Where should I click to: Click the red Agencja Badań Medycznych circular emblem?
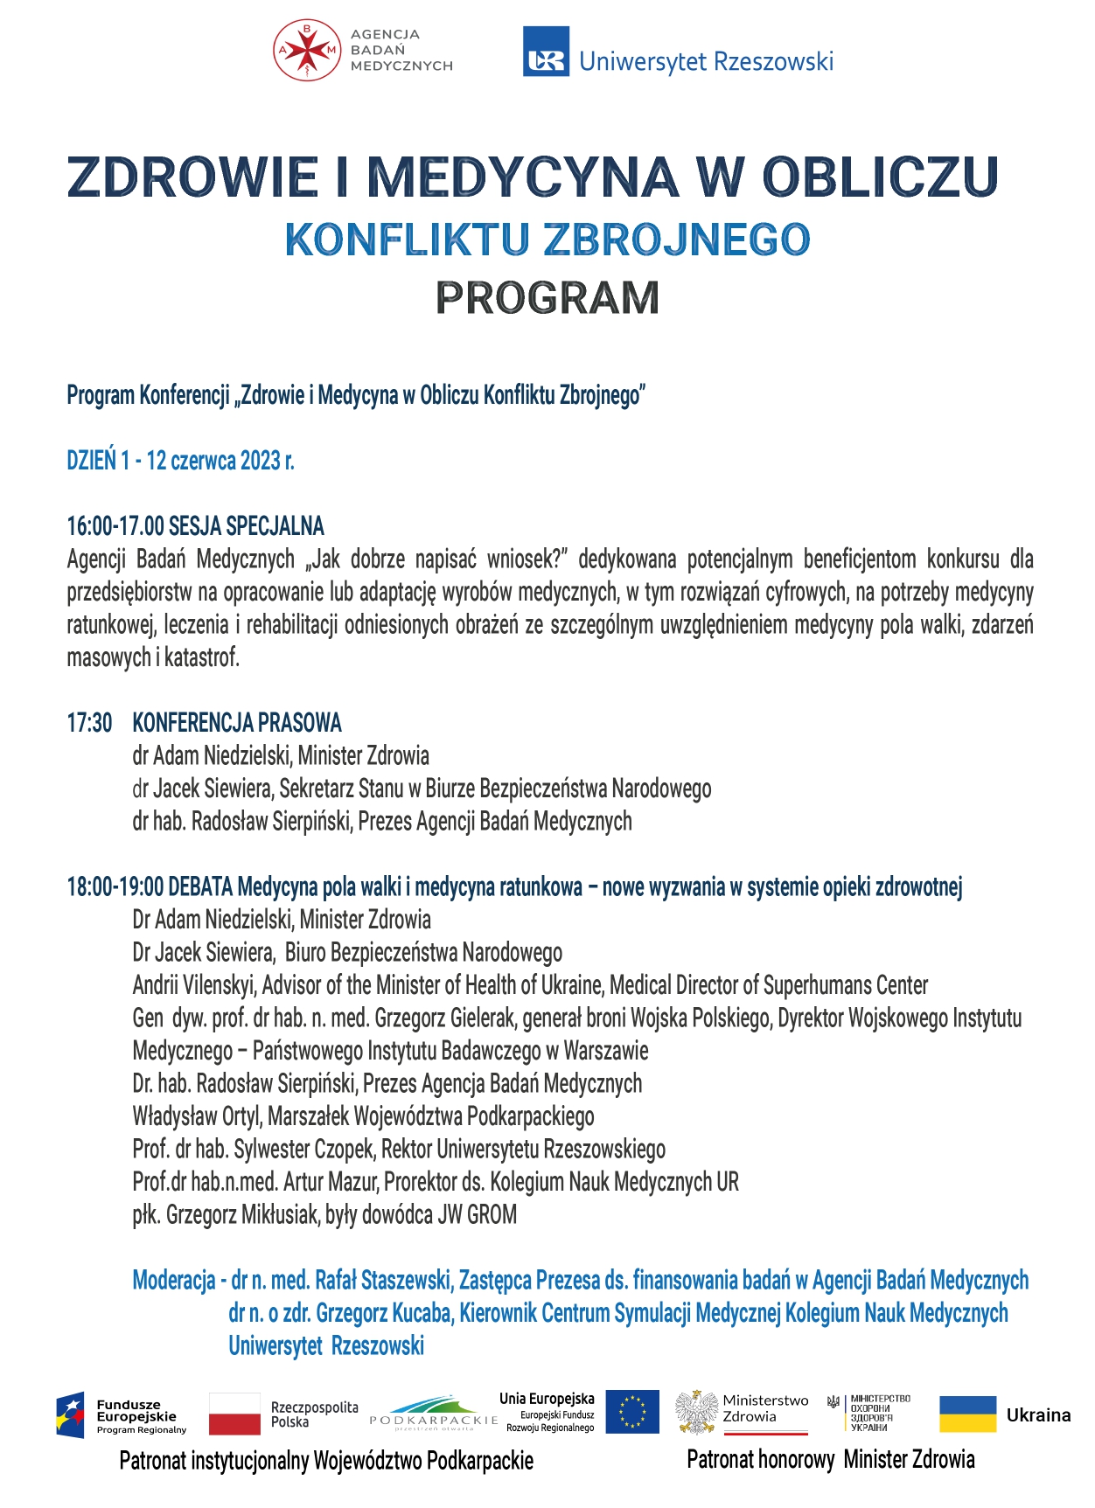(x=306, y=50)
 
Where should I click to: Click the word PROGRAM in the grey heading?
(x=547, y=298)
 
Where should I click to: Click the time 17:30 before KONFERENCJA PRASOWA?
(x=89, y=723)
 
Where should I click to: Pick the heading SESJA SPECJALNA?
(x=247, y=526)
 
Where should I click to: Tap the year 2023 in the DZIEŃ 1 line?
(x=260, y=461)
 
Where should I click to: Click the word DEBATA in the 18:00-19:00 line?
(x=200, y=887)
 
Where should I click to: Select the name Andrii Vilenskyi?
(x=194, y=985)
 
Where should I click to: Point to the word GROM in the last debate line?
(x=492, y=1215)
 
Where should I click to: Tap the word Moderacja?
(x=173, y=1281)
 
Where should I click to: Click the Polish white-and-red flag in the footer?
(x=234, y=1414)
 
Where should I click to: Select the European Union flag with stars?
(x=631, y=1412)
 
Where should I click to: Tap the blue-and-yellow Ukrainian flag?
(x=967, y=1414)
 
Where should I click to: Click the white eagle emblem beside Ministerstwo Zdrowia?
(x=696, y=1412)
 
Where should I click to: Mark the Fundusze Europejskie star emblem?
(x=71, y=1414)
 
